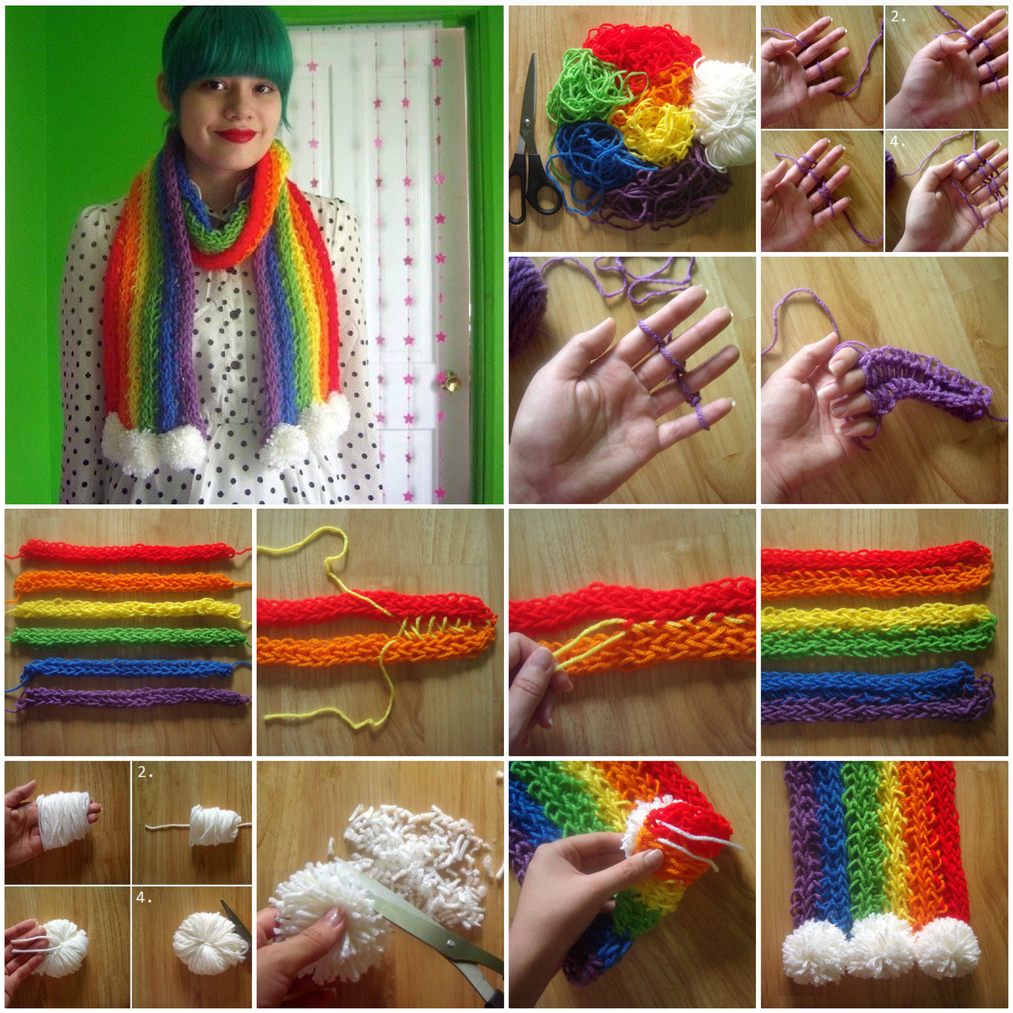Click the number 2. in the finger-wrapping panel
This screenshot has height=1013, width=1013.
point(898,17)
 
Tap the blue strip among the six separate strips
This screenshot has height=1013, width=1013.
point(131,668)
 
